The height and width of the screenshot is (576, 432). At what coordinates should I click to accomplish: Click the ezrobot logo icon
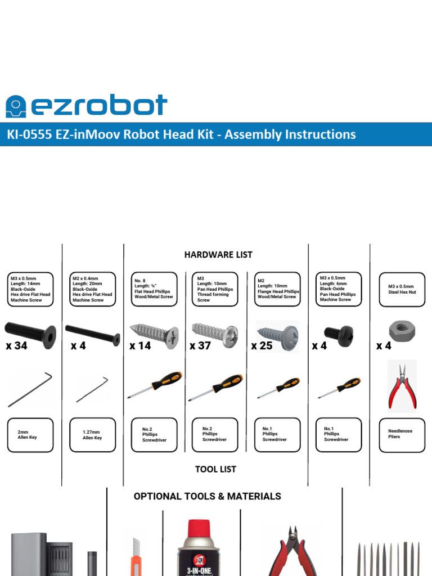(x=16, y=106)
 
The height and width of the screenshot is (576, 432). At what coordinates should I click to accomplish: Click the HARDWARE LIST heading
(x=218, y=255)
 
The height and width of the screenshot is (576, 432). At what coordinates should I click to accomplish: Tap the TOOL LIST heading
(x=215, y=469)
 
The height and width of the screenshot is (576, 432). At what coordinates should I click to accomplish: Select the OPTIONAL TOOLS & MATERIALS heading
(x=207, y=496)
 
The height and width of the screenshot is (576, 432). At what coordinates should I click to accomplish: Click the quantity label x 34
(x=17, y=346)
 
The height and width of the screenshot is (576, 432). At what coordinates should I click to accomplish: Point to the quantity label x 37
(x=200, y=346)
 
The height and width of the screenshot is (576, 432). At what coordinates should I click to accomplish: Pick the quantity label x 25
(x=262, y=346)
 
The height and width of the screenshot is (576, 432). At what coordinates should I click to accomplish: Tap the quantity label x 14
(x=140, y=346)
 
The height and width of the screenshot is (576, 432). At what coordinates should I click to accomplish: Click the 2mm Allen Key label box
(x=30, y=435)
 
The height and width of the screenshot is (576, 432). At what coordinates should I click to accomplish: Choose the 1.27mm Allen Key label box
(x=92, y=435)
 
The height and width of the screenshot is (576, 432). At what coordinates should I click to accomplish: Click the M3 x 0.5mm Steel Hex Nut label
(x=402, y=289)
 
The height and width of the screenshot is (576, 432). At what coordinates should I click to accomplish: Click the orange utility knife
(x=137, y=557)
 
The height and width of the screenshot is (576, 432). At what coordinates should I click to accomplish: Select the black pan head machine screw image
(x=339, y=336)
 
